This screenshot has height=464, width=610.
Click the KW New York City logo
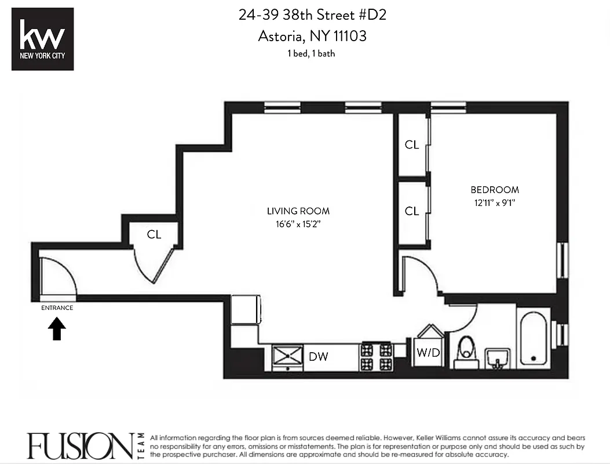point(43,39)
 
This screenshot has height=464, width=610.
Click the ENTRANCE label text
point(57,308)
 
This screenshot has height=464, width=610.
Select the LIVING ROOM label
point(298,211)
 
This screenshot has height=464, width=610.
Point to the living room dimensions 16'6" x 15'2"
point(298,223)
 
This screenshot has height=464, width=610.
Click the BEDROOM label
point(495,190)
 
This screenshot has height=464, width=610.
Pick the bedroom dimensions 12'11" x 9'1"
point(495,202)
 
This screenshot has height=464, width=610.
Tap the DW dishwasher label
point(319,356)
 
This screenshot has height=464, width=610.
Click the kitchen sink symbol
point(288,355)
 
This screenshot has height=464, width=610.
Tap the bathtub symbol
point(534,339)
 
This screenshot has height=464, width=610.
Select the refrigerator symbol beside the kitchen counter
point(246,309)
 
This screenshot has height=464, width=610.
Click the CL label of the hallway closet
point(154,235)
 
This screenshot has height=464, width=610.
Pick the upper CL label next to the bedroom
point(412,145)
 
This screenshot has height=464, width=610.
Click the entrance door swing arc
point(61,276)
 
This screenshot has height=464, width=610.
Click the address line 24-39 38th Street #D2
point(312,15)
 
